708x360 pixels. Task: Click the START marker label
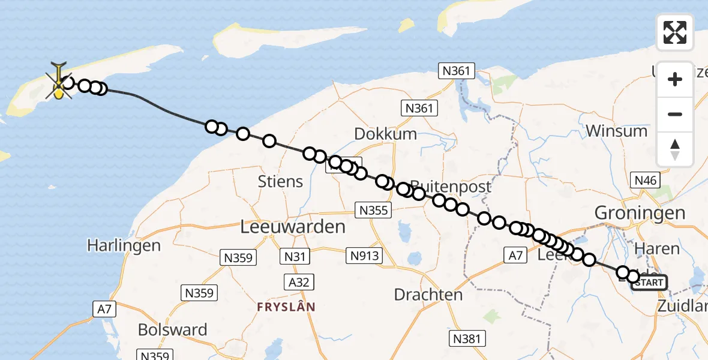pos(649,283)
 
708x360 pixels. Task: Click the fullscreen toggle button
pos(675,32)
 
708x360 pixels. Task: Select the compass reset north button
pos(675,149)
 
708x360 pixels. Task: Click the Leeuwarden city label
pos(292,227)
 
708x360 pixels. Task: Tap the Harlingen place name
pos(124,245)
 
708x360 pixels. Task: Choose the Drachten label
pos(428,295)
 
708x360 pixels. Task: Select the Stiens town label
pos(280,181)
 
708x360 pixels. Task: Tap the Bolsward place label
pos(172,329)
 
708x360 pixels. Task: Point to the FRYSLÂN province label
pos(286,307)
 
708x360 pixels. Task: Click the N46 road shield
pos(646,180)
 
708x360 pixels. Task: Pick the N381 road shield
pos(467,339)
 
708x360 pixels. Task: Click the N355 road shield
pos(374,210)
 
